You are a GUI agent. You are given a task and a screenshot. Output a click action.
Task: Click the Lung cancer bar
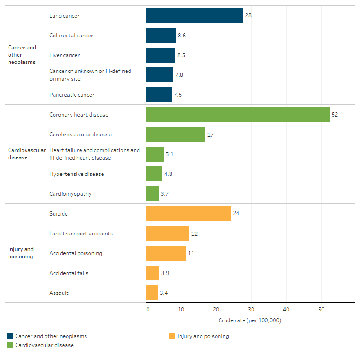click(194, 16)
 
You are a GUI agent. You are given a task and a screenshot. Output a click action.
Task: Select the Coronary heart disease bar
click(238, 115)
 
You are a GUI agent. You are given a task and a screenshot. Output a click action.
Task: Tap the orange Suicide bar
click(188, 213)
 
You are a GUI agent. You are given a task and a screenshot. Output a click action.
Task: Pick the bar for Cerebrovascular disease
click(175, 135)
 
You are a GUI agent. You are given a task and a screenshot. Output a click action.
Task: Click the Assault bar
click(152, 293)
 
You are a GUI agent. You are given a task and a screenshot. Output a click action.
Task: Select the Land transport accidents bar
click(167, 234)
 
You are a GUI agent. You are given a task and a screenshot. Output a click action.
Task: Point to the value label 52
click(334, 115)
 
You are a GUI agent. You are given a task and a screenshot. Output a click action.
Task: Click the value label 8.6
click(182, 36)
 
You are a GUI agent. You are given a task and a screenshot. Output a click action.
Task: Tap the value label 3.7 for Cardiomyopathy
click(165, 194)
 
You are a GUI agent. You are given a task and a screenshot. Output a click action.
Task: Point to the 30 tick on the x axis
click(251, 310)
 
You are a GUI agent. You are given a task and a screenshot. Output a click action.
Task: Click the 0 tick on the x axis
click(148, 310)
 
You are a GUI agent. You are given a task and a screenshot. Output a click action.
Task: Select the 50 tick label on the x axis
click(321, 310)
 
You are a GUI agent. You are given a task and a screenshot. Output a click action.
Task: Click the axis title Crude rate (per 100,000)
click(250, 320)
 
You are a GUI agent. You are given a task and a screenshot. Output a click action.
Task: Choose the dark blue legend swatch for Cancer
click(10, 336)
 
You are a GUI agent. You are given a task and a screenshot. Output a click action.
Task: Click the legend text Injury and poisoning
click(203, 336)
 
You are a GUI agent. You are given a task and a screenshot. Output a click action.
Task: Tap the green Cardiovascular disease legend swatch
click(10, 345)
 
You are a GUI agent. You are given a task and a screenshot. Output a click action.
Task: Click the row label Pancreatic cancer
click(72, 95)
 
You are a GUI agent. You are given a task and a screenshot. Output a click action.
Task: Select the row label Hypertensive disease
click(76, 174)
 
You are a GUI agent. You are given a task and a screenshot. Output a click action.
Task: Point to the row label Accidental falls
click(69, 273)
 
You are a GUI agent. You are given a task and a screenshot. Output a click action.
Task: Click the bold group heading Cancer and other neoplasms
click(22, 55)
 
